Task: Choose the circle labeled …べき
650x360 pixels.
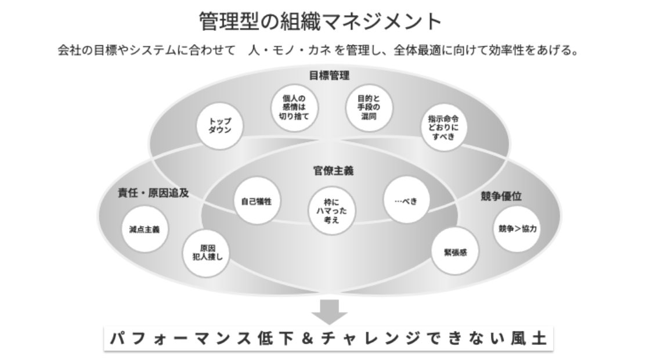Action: (x=408, y=200)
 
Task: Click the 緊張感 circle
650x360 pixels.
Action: (x=456, y=253)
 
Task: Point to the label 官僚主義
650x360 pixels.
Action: (x=330, y=171)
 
